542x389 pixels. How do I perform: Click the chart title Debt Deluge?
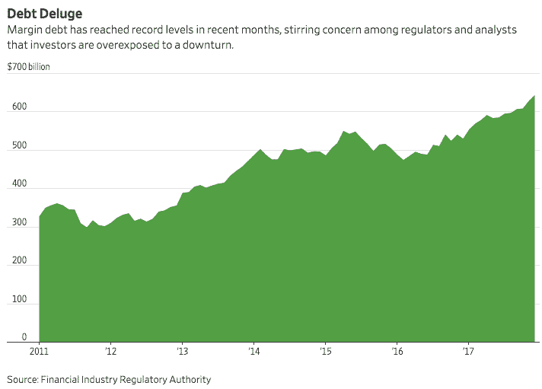(45, 14)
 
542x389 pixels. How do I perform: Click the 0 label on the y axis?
(24, 337)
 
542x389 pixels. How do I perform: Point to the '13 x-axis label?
(182, 352)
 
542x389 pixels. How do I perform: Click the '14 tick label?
(253, 352)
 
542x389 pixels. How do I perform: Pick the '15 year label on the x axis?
(325, 352)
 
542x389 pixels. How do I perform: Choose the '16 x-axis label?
(397, 352)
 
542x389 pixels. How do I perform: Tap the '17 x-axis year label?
(468, 352)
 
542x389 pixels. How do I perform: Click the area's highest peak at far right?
(534, 96)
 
